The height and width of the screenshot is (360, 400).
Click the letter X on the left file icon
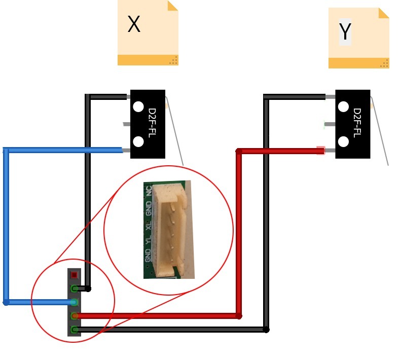pos(134,24)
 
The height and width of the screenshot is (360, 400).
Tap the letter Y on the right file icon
pos(345,32)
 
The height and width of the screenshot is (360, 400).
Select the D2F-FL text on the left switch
pos(152,123)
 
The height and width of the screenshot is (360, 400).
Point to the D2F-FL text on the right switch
pos(357,123)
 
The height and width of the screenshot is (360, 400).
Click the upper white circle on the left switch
pos(138,107)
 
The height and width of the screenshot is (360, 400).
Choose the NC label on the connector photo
pos(149,191)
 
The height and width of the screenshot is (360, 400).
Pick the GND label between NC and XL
pos(149,208)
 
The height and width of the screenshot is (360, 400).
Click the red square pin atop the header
pos(74,275)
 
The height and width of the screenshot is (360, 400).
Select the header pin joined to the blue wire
pos(75,302)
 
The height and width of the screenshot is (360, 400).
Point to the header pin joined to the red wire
pos(75,316)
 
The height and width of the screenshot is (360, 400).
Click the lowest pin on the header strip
pos(75,330)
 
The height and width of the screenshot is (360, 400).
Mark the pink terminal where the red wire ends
pos(320,150)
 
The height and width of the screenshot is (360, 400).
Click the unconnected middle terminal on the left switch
pos(127,123)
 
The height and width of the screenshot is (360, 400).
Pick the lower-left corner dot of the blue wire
pos(6,302)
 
